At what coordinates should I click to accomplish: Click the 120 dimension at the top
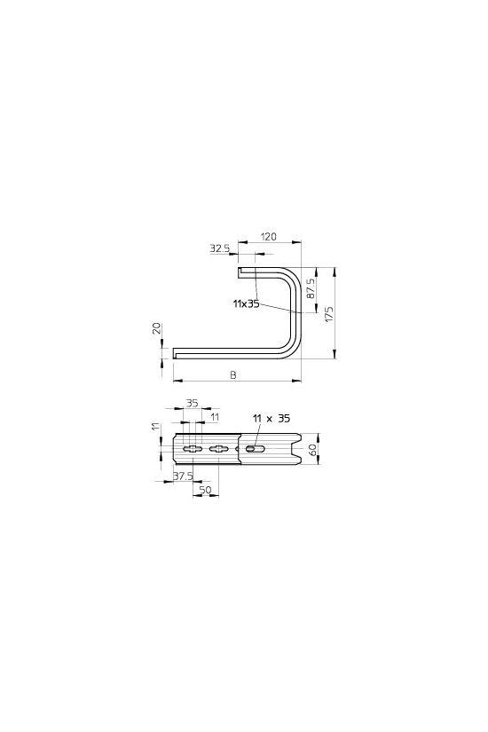268,236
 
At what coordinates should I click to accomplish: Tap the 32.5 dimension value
219,248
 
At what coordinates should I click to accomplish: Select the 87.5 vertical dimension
311,289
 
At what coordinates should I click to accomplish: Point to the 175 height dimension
329,313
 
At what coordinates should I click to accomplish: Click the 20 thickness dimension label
157,327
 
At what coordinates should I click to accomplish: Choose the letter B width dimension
233,374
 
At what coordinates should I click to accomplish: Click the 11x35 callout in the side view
246,304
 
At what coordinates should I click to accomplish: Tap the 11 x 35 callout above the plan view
271,418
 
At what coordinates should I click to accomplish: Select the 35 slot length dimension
192,403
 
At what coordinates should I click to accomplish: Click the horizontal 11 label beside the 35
215,417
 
